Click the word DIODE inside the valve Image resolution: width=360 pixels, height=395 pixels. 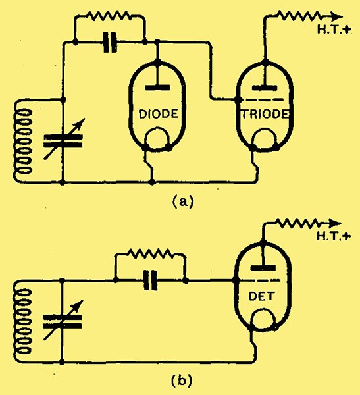click(x=159, y=114)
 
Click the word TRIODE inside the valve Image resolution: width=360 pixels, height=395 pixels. click(x=265, y=114)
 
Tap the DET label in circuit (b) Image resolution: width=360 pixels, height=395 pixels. click(x=261, y=296)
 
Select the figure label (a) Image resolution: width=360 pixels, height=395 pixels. click(x=183, y=202)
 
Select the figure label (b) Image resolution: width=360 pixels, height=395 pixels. click(x=182, y=381)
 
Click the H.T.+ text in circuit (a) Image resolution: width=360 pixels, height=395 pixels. click(x=334, y=30)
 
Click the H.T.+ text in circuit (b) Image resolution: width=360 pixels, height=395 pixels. click(x=333, y=236)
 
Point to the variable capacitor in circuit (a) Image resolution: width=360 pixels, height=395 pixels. click(x=63, y=140)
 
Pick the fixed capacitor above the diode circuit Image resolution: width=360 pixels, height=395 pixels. click(x=110, y=42)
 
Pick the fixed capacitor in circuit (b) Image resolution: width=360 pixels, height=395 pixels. click(x=151, y=280)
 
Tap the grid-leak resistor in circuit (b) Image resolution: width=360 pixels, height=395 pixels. click(x=149, y=253)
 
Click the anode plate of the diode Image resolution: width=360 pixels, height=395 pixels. click(x=158, y=88)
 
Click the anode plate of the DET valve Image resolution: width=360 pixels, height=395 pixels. click(x=263, y=268)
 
